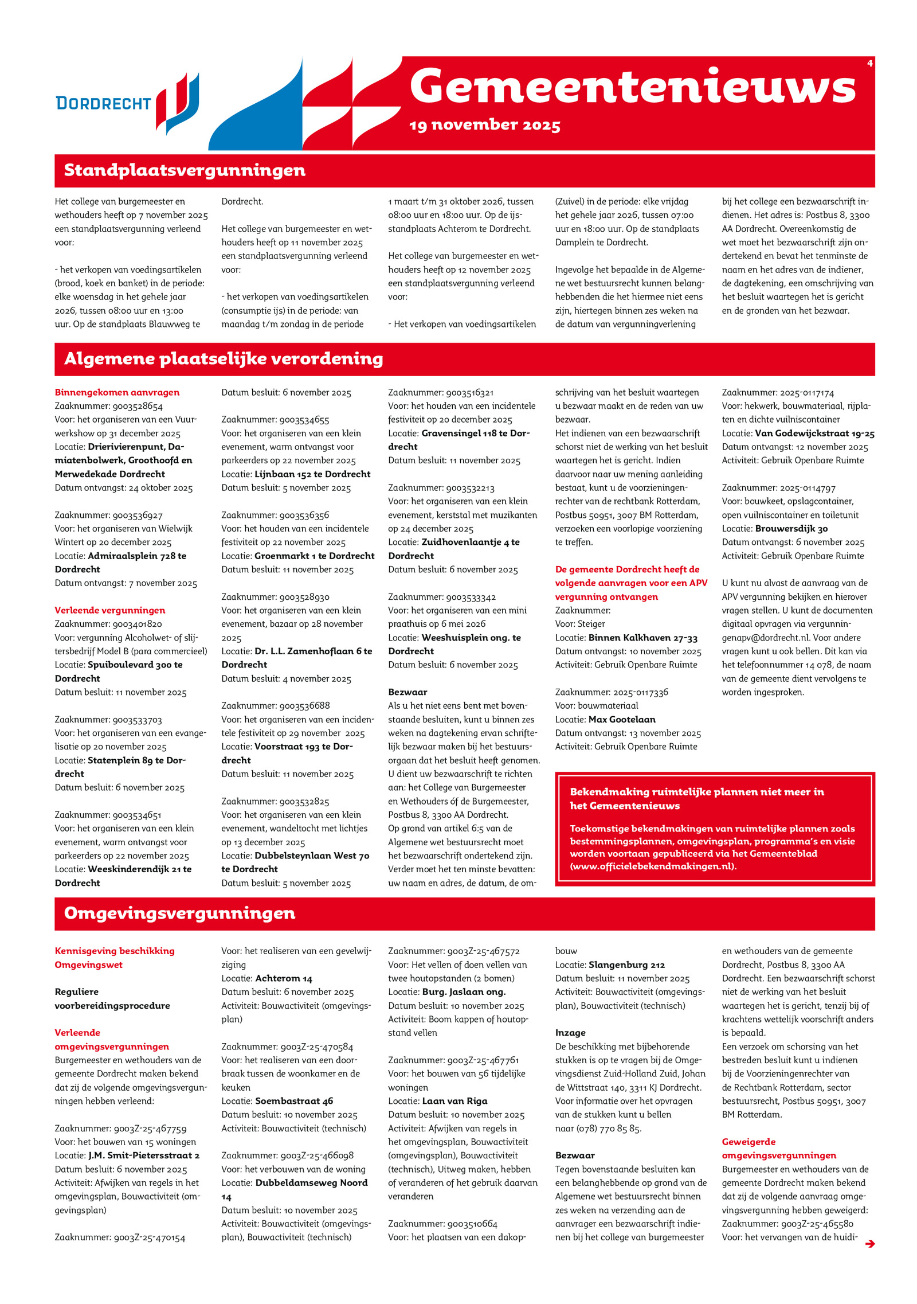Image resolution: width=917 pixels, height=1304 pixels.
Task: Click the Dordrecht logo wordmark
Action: [x=103, y=103]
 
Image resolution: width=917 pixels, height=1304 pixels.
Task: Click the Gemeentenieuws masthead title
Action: [x=632, y=86]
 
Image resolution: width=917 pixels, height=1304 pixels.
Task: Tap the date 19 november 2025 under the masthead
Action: [x=485, y=125]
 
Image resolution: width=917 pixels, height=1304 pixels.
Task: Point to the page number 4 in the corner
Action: [x=869, y=64]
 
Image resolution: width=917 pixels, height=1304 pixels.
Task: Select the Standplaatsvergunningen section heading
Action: [x=184, y=170]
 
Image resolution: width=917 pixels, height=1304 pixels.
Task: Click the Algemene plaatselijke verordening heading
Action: [x=224, y=359]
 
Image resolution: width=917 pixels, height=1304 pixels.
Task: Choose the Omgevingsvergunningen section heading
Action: [x=179, y=913]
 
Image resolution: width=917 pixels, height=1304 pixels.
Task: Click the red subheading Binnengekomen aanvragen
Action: [x=117, y=392]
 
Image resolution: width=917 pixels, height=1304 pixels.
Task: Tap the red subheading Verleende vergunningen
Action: [x=109, y=610]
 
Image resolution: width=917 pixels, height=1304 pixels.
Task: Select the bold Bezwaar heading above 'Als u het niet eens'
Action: [x=407, y=692]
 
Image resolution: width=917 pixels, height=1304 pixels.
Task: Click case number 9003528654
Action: [x=138, y=406]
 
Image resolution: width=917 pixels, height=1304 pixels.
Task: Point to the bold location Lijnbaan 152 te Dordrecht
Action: [x=312, y=474]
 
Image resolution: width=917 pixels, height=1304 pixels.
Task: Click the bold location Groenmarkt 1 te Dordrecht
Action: [x=314, y=556]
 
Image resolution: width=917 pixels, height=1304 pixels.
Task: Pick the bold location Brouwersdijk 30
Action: [x=791, y=529]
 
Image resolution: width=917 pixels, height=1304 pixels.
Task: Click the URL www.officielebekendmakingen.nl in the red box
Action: [x=653, y=866]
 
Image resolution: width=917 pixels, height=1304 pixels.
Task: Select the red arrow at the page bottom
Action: [x=869, y=1244]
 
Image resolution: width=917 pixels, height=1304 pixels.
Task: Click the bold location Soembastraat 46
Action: [x=294, y=1101]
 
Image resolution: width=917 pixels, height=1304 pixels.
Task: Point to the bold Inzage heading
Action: [x=570, y=1033]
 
